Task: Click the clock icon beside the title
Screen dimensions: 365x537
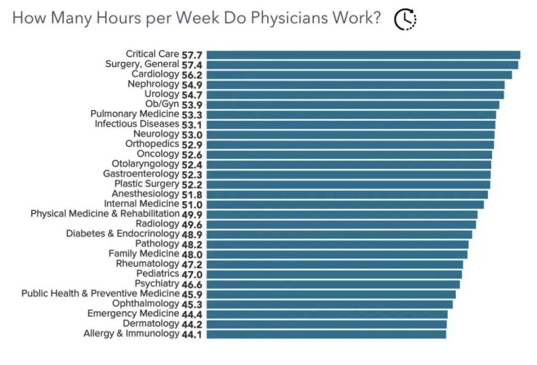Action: click(405, 20)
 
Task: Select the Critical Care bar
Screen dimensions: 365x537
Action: click(363, 55)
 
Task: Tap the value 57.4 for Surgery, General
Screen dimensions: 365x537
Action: click(192, 65)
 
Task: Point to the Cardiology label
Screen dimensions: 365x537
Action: click(155, 74)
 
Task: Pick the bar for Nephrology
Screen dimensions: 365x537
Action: click(355, 84)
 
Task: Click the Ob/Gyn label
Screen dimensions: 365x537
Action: click(162, 104)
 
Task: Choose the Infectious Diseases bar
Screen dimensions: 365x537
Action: click(351, 124)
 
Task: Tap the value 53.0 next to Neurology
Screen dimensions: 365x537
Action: click(192, 134)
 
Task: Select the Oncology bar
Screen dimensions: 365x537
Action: click(349, 154)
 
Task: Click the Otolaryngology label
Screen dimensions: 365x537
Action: click(145, 164)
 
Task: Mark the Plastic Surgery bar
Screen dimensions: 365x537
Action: click(348, 184)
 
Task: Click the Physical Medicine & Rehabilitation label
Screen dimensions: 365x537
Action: click(105, 214)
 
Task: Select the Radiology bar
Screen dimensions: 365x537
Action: click(341, 224)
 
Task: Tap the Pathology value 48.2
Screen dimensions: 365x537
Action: click(192, 244)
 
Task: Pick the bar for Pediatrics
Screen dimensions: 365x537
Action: click(334, 274)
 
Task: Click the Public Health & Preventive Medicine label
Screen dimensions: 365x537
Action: click(100, 293)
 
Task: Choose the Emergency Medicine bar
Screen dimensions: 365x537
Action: click(327, 314)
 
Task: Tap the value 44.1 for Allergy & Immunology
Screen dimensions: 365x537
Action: click(192, 334)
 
